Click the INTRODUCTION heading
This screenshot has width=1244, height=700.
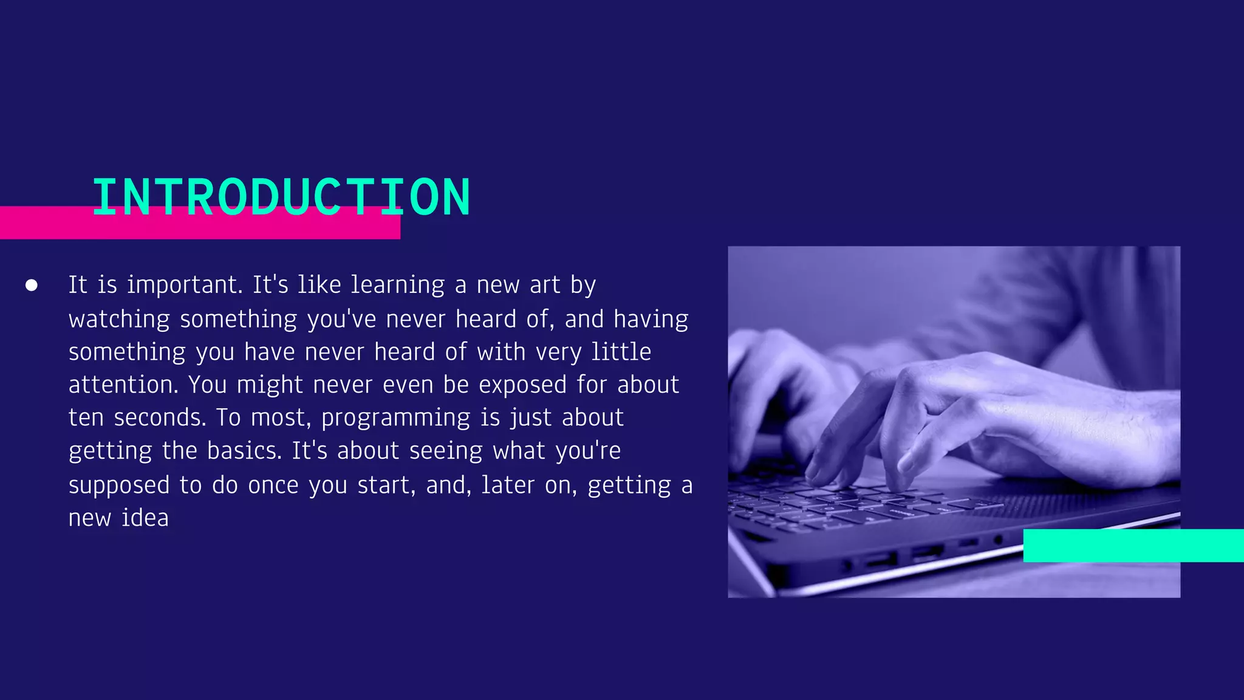point(281,197)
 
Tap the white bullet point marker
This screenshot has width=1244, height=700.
point(32,285)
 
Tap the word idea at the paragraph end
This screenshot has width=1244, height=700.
point(145,518)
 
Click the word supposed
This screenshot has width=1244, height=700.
point(119,486)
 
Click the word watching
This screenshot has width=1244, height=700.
point(119,320)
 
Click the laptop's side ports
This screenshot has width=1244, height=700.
point(911,556)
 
